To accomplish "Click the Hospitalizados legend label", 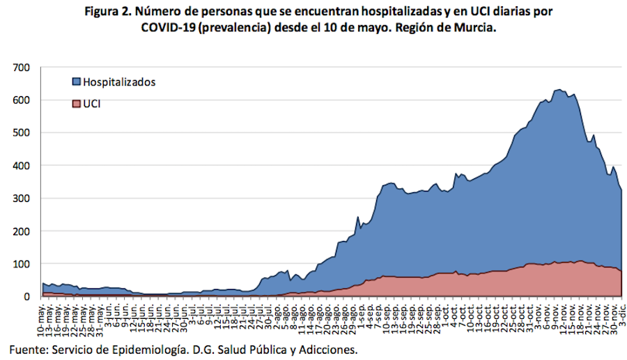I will [x=119, y=81].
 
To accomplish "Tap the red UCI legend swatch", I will [x=76, y=104].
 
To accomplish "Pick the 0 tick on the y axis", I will [x=27, y=297].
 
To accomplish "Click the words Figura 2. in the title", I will [x=113, y=12].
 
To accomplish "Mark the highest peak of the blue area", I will [x=558, y=90].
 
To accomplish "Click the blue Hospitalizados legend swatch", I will [x=76, y=81].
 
